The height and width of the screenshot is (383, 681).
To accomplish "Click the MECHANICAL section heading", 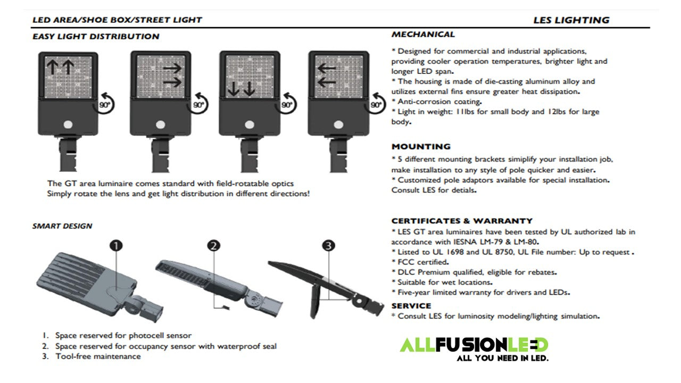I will click(x=423, y=35).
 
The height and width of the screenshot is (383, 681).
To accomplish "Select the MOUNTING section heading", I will click(x=421, y=146).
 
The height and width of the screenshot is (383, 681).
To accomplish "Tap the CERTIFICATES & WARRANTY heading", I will click(x=462, y=221).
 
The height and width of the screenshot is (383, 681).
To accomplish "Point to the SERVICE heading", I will click(x=411, y=306).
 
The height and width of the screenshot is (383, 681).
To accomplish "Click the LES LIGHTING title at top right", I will click(x=571, y=20).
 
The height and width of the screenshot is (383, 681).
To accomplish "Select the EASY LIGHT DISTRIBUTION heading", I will click(x=96, y=37).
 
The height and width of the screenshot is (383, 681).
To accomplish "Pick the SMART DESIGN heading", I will click(x=62, y=226).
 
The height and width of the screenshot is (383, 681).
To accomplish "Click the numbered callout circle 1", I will click(x=116, y=245).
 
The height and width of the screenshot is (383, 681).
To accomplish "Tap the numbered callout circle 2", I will click(x=214, y=245).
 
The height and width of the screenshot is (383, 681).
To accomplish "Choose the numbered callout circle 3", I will click(x=329, y=245).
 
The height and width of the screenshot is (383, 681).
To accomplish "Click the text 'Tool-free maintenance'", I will click(x=98, y=356).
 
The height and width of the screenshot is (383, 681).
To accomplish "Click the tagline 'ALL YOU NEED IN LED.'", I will click(x=502, y=358).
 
